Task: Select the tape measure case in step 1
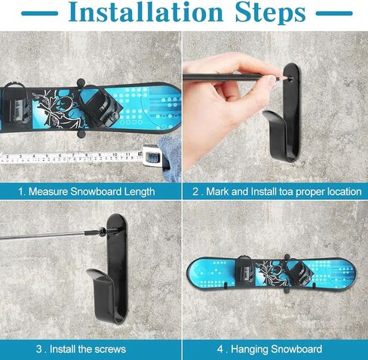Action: pyautogui.click(x=154, y=156)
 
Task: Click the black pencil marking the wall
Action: pyautogui.click(x=234, y=76)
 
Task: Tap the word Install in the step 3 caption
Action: pyautogui.click(x=57, y=349)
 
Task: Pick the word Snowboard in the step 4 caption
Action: pyautogui.click(x=298, y=349)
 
